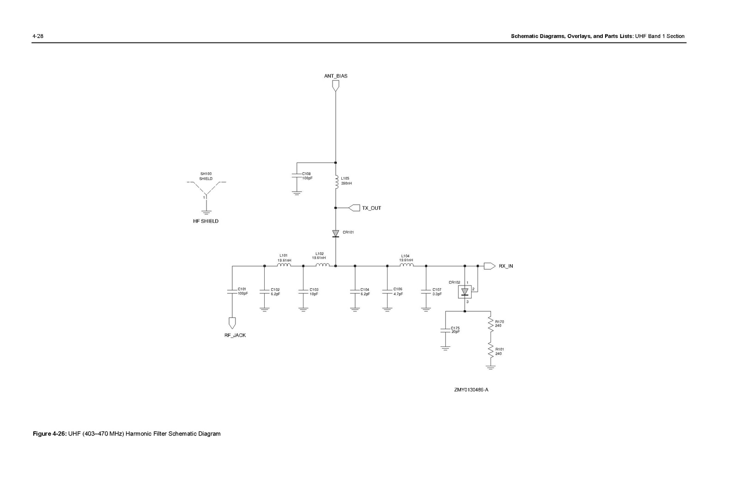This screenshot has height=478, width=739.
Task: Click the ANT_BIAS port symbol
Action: (335, 86)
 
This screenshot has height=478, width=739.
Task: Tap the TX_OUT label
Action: (371, 208)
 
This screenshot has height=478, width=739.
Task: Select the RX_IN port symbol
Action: (490, 266)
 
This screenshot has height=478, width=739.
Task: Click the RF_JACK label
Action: (235, 335)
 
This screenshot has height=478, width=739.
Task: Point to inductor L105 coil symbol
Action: (336, 182)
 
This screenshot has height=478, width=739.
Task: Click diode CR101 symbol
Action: (335, 234)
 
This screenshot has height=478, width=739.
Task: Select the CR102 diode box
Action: (465, 291)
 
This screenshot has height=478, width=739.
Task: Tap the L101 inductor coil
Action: (284, 265)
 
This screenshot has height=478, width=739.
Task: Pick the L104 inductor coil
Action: (406, 265)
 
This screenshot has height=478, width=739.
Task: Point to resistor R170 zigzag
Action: (491, 325)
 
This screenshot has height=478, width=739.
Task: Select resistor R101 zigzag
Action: (491, 351)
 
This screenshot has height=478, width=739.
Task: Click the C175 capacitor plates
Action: (445, 330)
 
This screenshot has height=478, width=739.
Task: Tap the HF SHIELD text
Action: (206, 221)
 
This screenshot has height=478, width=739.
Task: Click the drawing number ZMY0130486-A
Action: (471, 390)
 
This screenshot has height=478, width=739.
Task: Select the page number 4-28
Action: (37, 36)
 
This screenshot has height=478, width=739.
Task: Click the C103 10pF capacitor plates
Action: (303, 291)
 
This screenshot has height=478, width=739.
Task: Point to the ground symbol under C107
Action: (426, 310)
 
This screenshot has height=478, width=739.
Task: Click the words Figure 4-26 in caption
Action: (50, 434)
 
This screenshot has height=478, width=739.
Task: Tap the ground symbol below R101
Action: (491, 368)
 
